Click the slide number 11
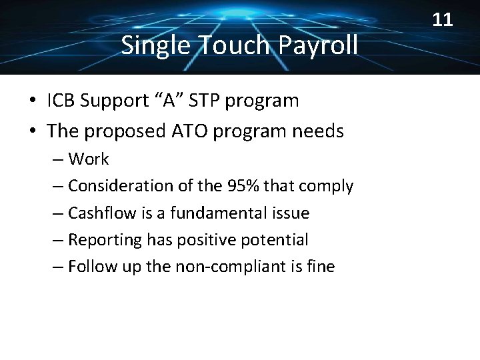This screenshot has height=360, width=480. pos(443,20)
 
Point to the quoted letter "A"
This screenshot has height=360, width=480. pos(169,101)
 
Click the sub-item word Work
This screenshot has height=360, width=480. pos(89,159)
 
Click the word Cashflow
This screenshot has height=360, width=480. pos(101,213)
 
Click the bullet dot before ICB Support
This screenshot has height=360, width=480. pos(33,101)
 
